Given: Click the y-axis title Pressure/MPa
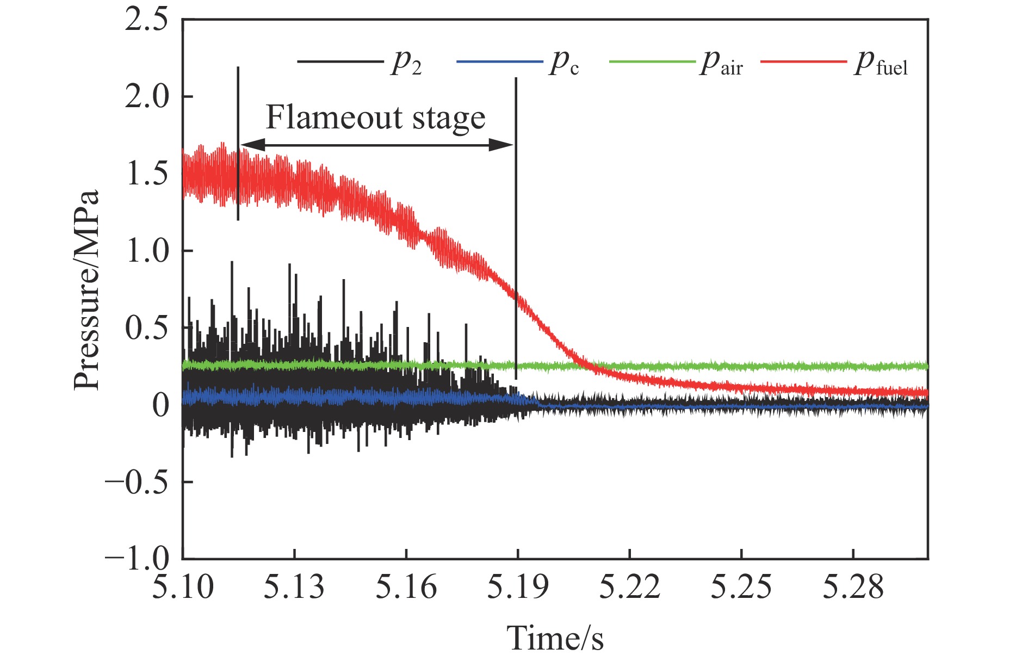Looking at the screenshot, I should [x=87, y=289].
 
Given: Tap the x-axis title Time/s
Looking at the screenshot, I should [x=555, y=638].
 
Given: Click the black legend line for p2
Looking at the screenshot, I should [x=340, y=61].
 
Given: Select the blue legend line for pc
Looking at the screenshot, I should [x=499, y=61].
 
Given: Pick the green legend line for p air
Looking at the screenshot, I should [x=652, y=61].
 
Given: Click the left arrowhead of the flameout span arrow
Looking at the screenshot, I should [x=251, y=145].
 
